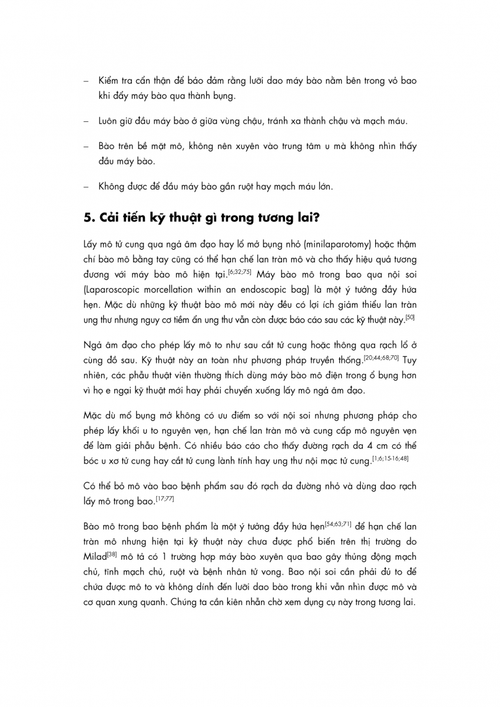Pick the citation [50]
point(411,318)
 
